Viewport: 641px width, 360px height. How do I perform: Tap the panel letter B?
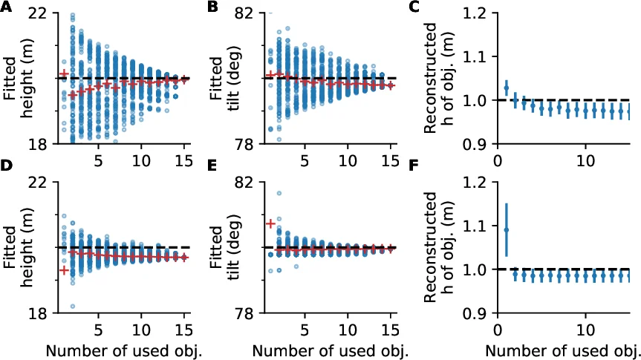coord(213,7)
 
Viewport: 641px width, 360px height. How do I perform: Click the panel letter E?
coord(213,178)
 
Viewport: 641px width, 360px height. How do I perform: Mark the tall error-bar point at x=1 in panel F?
coord(507,230)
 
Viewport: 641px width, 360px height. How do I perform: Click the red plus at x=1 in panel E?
coord(270,223)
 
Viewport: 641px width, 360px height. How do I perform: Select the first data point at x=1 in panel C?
coord(507,88)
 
